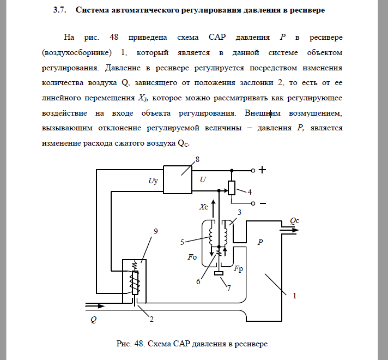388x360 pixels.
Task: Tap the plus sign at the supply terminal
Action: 262,170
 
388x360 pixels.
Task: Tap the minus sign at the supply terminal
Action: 262,203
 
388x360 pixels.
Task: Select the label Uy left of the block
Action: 153,181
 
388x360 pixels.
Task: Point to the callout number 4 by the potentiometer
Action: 250,192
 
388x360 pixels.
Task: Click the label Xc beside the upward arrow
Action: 204,207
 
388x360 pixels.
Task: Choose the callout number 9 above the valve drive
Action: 156,231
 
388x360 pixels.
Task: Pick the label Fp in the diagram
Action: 238,269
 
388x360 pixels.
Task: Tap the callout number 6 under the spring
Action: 198,281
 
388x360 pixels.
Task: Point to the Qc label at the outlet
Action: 294,220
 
